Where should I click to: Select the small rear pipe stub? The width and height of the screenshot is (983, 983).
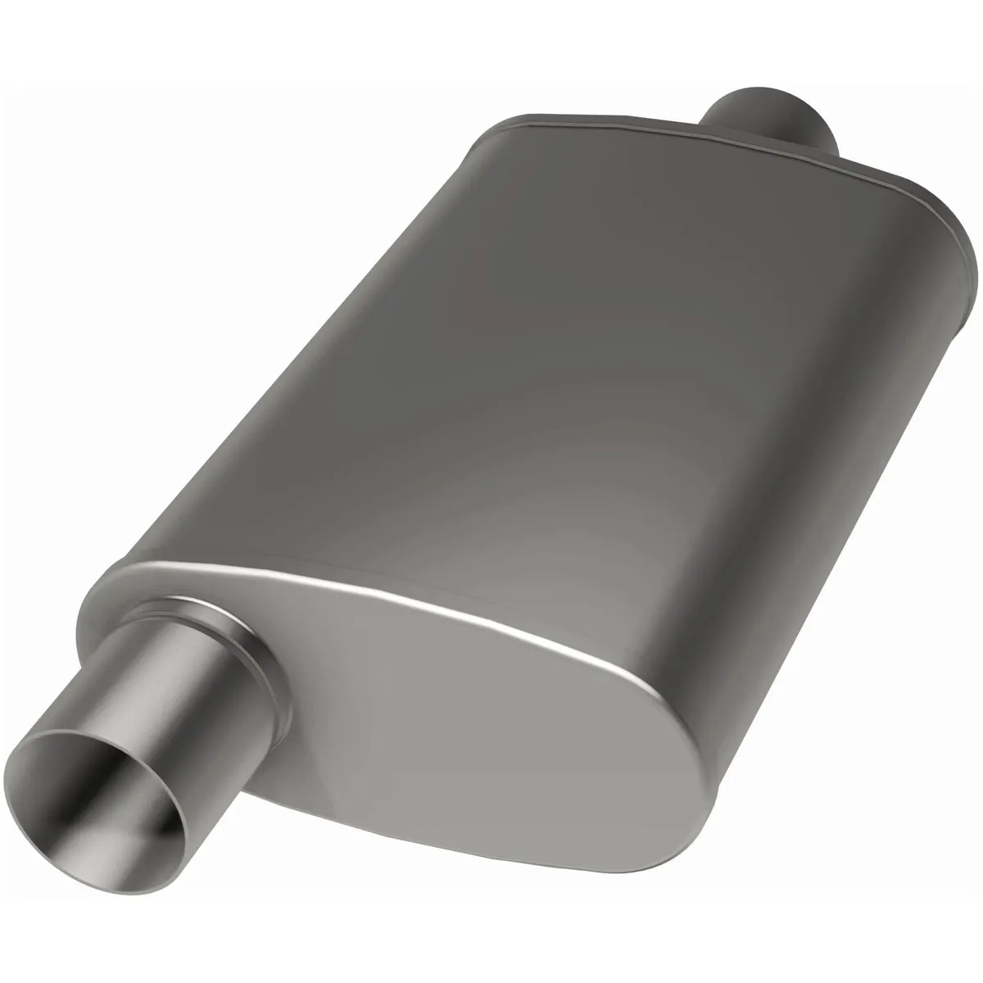tap(770, 123)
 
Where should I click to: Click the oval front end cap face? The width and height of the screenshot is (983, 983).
tap(459, 721)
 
